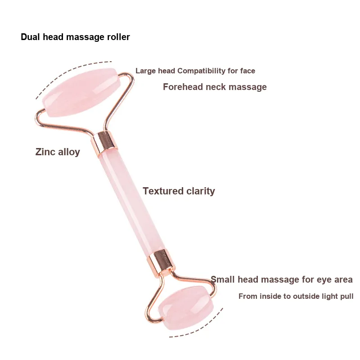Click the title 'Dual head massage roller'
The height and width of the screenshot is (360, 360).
click(x=75, y=37)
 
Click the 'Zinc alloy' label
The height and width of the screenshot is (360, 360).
click(x=58, y=152)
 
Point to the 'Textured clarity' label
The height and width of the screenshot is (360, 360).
click(x=179, y=191)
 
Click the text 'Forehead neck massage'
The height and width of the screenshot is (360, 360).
click(x=215, y=87)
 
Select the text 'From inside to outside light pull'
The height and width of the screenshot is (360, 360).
click(x=296, y=296)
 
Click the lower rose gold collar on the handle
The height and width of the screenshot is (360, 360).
click(x=158, y=260)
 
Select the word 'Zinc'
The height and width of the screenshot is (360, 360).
click(x=45, y=152)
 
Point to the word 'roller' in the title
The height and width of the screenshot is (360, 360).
click(x=118, y=37)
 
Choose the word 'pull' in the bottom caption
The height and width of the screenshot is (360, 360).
click(x=346, y=296)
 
